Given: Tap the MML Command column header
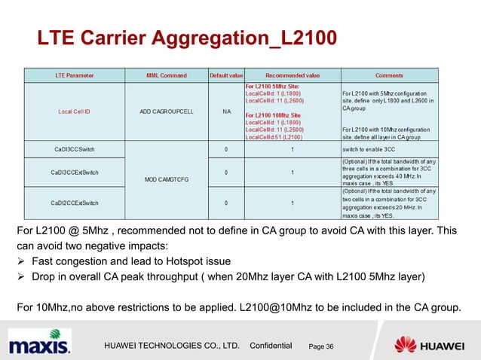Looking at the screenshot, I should (x=167, y=75).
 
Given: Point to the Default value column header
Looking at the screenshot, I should (x=225, y=75).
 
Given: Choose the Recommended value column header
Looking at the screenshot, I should (x=293, y=75).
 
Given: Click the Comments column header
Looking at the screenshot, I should (x=399, y=75).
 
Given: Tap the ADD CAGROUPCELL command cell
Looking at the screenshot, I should (x=167, y=112).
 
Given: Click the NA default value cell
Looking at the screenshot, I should (x=226, y=112).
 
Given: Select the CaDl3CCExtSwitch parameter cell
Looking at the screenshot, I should (x=74, y=172).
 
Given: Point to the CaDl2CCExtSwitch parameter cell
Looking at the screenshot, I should (x=74, y=203).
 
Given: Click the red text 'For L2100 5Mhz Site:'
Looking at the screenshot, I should (x=272, y=87).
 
